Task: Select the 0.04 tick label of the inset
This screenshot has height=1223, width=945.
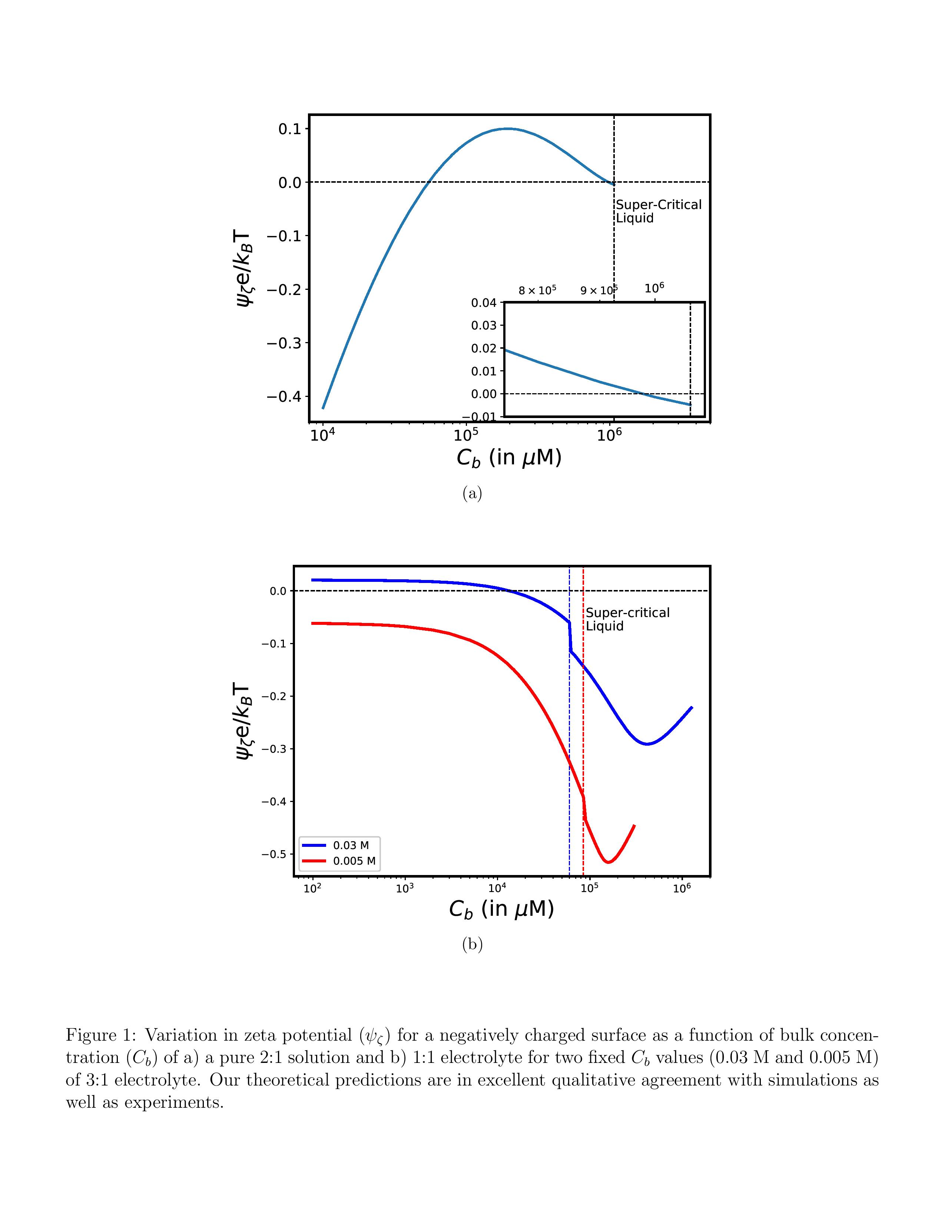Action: pyautogui.click(x=484, y=303)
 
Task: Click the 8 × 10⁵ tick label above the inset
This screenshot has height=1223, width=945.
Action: pyautogui.click(x=537, y=290)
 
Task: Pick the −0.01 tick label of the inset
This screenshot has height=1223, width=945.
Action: pyautogui.click(x=480, y=417)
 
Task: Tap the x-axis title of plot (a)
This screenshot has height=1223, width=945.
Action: pyautogui.click(x=508, y=457)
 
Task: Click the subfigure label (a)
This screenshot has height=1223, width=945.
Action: pyautogui.click(x=472, y=493)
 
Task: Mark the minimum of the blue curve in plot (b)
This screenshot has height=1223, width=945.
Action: pyautogui.click(x=647, y=744)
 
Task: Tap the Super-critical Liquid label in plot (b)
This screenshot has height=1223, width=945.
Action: pyautogui.click(x=627, y=619)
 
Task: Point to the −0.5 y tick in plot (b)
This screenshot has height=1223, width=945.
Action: pyautogui.click(x=274, y=854)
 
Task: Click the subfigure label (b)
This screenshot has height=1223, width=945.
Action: pyautogui.click(x=472, y=944)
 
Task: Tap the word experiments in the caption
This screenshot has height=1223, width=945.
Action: pyautogui.click(x=173, y=1102)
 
